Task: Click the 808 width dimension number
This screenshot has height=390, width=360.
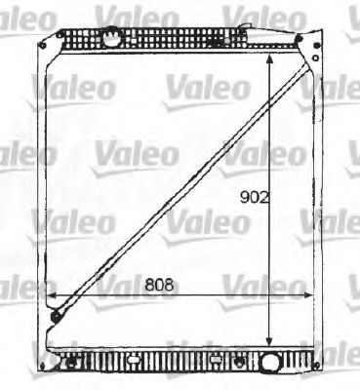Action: pyautogui.click(x=159, y=286)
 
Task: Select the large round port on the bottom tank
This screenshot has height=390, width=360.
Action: pyautogui.click(x=270, y=366)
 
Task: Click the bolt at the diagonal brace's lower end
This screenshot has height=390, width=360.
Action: pyautogui.click(x=57, y=315)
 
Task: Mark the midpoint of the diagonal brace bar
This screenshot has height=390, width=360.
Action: pyautogui.click(x=174, y=187)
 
